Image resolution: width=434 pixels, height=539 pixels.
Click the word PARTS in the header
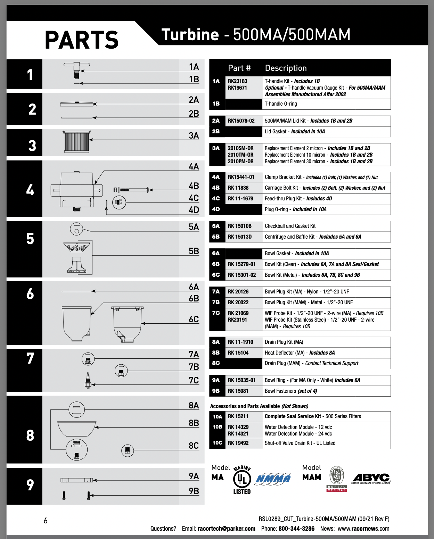pyautogui.click(x=82, y=40)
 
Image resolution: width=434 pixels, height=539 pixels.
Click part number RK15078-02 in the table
pyautogui.click(x=241, y=121)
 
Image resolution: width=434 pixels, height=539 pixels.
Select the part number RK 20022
pyautogui.click(x=238, y=302)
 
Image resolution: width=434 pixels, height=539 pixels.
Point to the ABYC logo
pyautogui.click(x=371, y=478)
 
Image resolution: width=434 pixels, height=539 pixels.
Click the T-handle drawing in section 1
pyautogui.click(x=77, y=69)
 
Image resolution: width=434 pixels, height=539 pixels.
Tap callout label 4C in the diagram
pyautogui.click(x=194, y=198)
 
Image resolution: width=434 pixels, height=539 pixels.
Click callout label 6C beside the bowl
pyautogui.click(x=194, y=320)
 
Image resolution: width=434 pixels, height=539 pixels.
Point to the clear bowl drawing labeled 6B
pyautogui.click(x=77, y=324)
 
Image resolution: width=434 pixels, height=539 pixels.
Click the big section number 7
pyautogui.click(x=30, y=358)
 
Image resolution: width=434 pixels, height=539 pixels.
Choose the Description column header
pyautogui.click(x=286, y=68)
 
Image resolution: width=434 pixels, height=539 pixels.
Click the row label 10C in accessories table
pyautogui.click(x=217, y=443)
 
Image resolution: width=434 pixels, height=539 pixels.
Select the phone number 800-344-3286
pyautogui.click(x=296, y=529)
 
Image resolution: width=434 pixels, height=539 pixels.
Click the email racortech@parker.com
pyautogui.click(x=226, y=529)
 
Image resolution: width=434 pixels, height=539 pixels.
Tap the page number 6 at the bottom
pyautogui.click(x=46, y=521)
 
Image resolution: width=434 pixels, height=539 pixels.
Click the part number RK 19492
pyautogui.click(x=238, y=443)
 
